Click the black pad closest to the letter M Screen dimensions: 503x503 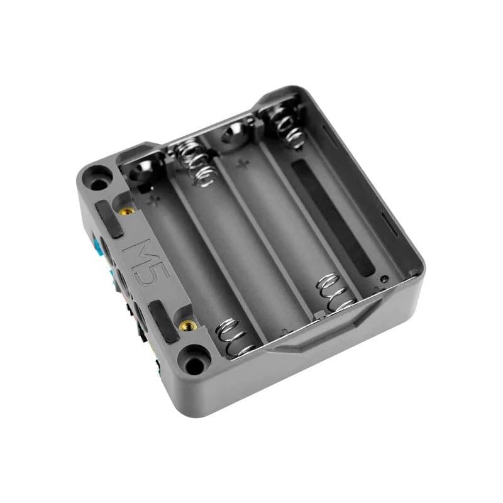point(109,219)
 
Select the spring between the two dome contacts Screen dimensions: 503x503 point(194,160)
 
